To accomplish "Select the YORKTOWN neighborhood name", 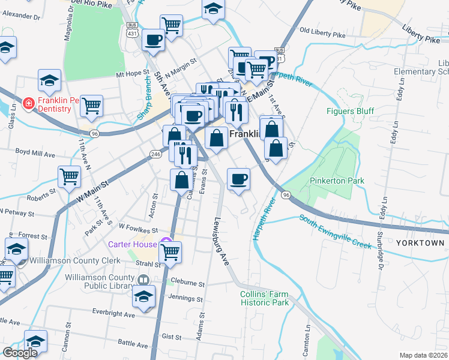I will pos(420,243).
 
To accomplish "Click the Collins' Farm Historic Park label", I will pos(264,298).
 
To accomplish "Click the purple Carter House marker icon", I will pos(166,244).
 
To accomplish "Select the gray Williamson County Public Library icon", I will pos(143,280).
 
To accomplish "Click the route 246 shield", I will pos(155,154).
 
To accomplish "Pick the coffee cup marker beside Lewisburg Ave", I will pos(238,179).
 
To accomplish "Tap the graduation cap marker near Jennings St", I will pos(144,296).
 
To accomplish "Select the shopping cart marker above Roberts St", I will pos(70,176).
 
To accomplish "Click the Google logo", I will pos(20,353).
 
